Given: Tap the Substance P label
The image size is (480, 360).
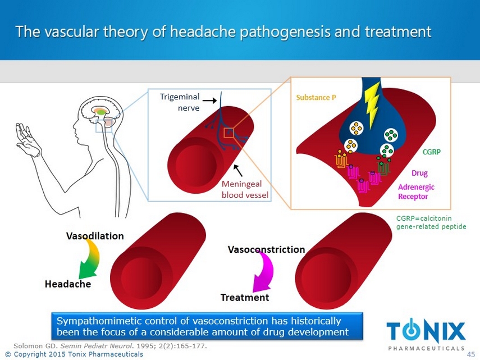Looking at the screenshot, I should coord(316,97).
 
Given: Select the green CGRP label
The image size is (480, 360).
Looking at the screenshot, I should coord(432,152).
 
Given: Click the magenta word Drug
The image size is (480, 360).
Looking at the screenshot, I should coord(420,174).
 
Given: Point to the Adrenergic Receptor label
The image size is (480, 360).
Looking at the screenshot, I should coord(416,192).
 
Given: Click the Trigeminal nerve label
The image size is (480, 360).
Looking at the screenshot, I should coord(180,102).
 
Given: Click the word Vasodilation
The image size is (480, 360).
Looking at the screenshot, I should coord(95,236).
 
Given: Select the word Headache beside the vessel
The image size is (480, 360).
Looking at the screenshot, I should coord(67,284).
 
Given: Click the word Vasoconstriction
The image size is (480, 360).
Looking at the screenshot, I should coord(266,249).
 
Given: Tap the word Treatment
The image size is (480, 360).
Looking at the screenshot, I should coord(244,298).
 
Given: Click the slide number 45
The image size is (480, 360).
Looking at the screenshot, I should coord(471,354).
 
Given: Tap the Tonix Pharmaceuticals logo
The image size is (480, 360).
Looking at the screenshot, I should coord(426,334).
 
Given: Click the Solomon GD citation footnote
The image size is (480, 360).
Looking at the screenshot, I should coord(110,346).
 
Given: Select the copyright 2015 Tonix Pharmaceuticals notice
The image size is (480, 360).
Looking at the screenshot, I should coord(73,354).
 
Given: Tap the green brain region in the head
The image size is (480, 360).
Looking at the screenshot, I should coord(101,112).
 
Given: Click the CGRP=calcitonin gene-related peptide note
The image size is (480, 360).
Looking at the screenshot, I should coord(431,222).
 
